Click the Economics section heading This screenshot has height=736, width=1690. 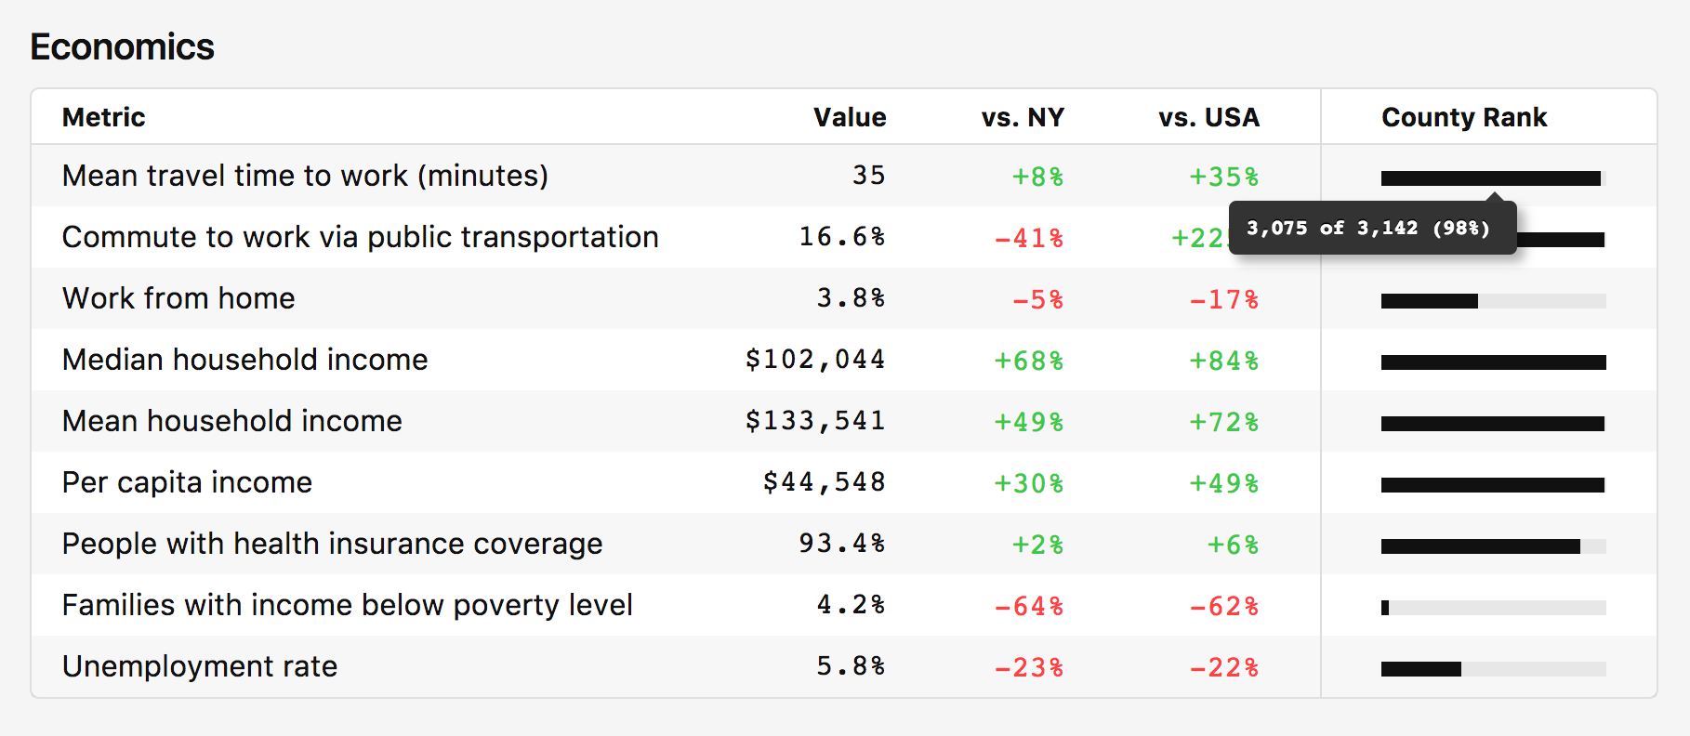122,46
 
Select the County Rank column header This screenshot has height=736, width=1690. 1464,117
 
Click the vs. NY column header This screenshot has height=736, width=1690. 1022,117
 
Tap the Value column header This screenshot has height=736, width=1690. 849,117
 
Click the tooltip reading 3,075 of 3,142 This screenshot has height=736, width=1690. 1367,228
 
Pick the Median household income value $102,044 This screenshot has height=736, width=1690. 814,360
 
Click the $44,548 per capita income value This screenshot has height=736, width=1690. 823,482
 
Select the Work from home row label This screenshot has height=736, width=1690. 178,298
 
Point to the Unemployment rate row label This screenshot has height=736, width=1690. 200,666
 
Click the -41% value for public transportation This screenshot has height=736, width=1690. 1028,238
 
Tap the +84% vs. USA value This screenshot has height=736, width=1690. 1223,361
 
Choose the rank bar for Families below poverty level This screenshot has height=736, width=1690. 1493,608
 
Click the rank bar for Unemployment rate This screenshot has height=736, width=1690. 1493,669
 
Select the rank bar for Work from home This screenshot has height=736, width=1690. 1493,301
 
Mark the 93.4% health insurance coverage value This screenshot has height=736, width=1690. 841,544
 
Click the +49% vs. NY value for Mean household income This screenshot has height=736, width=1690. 1028,422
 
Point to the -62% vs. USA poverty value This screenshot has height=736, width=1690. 1223,606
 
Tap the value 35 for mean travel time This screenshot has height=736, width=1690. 868,176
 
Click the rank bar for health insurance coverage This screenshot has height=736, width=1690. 1493,546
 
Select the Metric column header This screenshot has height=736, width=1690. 103,117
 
